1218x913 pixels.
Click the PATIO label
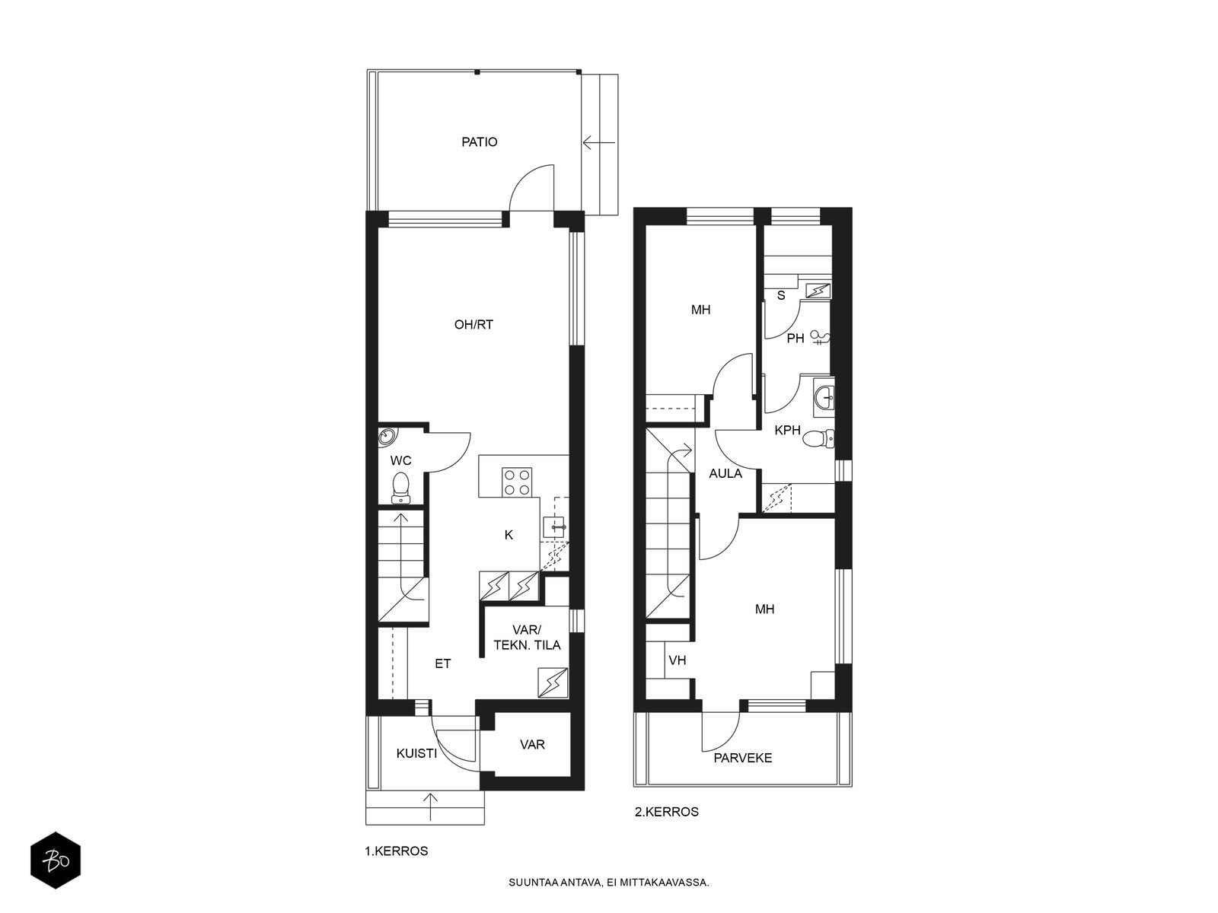click(x=479, y=142)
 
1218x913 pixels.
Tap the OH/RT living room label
click(x=473, y=325)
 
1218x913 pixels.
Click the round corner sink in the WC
click(x=387, y=436)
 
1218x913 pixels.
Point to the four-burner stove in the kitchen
click(x=518, y=482)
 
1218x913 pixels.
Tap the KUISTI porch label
click(x=416, y=753)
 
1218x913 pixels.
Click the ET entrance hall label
click(x=442, y=663)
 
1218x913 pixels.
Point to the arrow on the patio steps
click(x=599, y=143)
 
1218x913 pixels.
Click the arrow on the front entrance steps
click(x=431, y=807)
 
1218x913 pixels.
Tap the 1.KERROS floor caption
click(x=396, y=851)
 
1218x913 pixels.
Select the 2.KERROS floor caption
click(x=666, y=812)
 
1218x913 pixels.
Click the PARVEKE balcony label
click(x=742, y=758)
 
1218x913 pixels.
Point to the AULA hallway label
click(x=725, y=473)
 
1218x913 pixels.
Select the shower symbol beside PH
click(x=820, y=338)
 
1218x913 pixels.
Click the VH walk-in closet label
click(x=677, y=660)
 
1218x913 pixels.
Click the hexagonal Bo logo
click(x=56, y=861)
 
